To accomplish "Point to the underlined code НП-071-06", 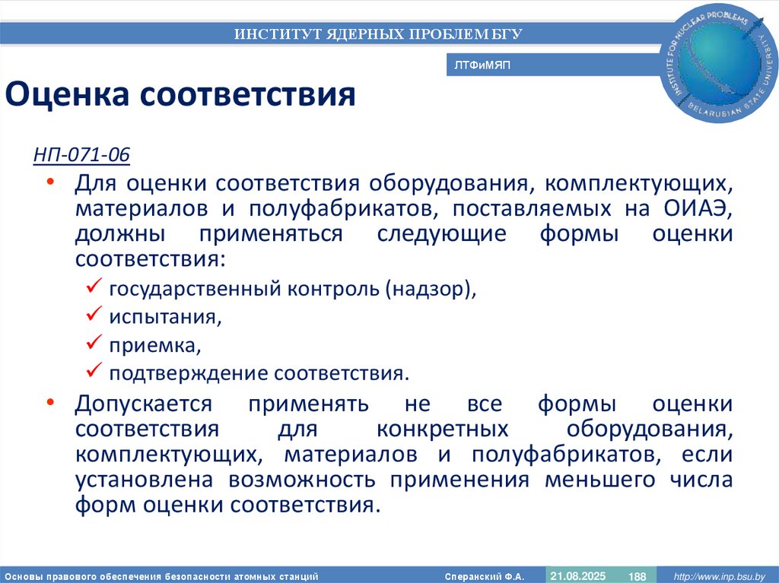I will [81, 156].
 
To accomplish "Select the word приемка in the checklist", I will [154, 346].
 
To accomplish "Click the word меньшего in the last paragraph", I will [593, 480].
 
